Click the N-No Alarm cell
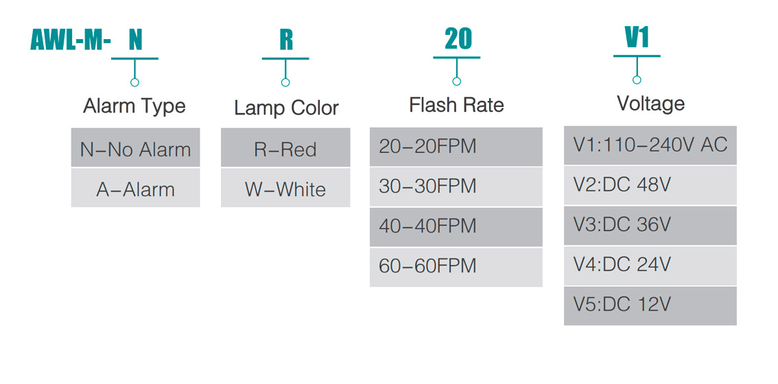click(x=135, y=148)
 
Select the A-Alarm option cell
click(x=135, y=189)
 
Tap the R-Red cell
click(x=285, y=148)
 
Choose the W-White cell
click(x=285, y=189)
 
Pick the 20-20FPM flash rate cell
click(x=456, y=146)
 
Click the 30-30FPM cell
click(x=456, y=186)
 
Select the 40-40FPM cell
click(x=456, y=226)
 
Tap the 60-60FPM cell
click(x=456, y=266)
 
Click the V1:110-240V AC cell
click(x=650, y=145)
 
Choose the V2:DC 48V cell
click(x=650, y=185)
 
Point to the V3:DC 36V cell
click(x=650, y=225)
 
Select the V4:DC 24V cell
click(x=650, y=265)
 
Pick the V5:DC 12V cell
click(x=650, y=305)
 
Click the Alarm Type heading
click(x=134, y=106)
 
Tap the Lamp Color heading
click(x=286, y=108)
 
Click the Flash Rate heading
click(x=456, y=105)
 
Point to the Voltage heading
click(x=650, y=104)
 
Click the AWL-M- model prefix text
click(x=71, y=40)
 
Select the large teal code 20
click(x=458, y=39)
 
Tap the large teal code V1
click(x=637, y=37)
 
